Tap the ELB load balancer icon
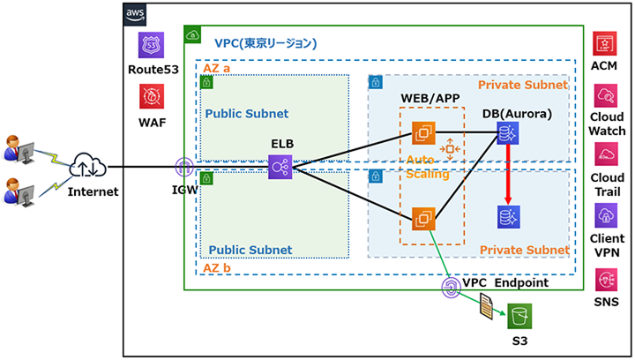point(281,166)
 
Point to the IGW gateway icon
point(183,167)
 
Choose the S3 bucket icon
point(519,313)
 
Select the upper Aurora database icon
point(509,133)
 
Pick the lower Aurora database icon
point(509,216)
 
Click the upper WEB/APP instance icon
point(425,134)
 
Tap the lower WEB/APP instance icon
point(425,217)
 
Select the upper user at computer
point(19,146)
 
